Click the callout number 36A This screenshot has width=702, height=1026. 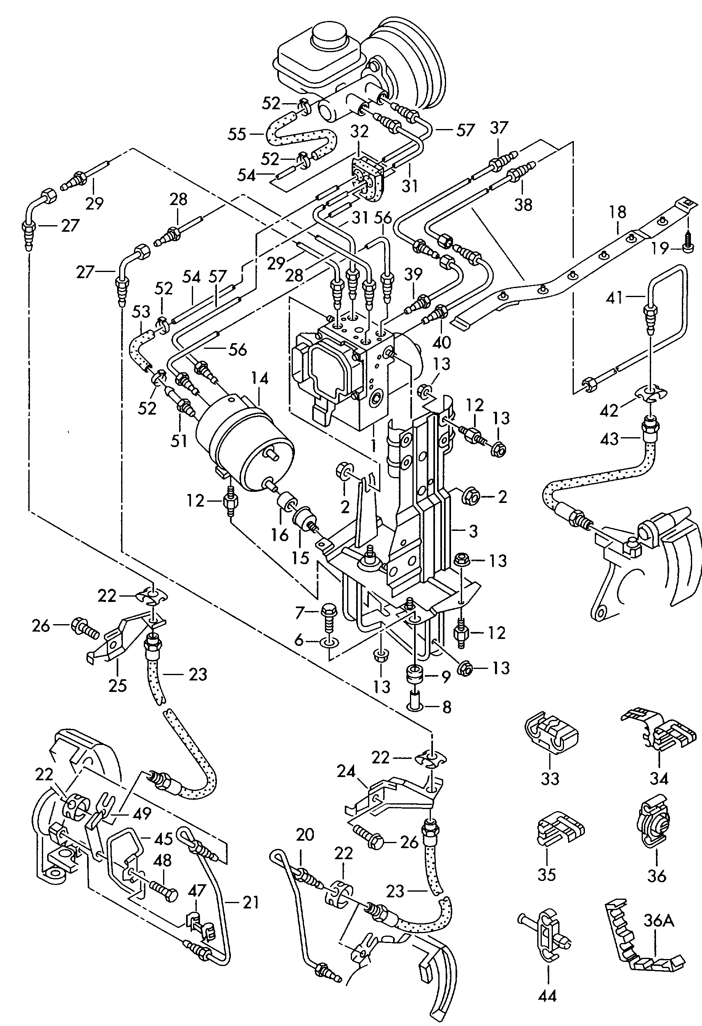[x=656, y=921]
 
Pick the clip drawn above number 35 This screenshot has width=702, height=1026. [x=558, y=829]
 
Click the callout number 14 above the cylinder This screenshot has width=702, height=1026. [x=260, y=379]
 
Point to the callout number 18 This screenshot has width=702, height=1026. [x=618, y=212]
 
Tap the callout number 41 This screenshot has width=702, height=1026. [x=626, y=298]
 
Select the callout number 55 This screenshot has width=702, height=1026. [x=237, y=134]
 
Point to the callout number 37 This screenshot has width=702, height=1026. [x=499, y=129]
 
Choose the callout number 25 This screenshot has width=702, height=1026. [x=117, y=685]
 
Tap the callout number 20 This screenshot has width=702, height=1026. [x=304, y=835]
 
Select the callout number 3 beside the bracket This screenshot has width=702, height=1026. [x=473, y=530]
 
